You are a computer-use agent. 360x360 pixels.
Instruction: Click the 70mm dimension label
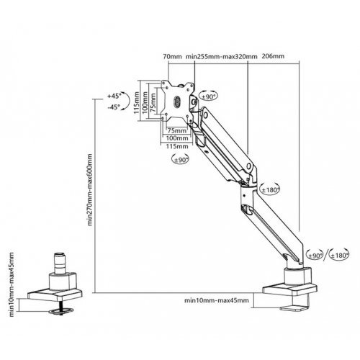click(x=172, y=57)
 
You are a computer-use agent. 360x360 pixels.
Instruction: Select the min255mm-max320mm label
click(x=222, y=57)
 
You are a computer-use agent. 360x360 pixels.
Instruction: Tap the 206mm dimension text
click(x=273, y=56)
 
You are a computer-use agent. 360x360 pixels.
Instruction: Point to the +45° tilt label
click(x=113, y=96)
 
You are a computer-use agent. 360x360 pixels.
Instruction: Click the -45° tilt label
click(x=114, y=107)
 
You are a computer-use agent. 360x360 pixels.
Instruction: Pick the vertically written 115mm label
click(x=136, y=103)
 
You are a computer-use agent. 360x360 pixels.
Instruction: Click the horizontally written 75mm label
click(x=177, y=130)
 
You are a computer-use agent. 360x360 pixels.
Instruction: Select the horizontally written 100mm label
click(x=177, y=138)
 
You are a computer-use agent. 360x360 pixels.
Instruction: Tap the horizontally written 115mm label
click(x=177, y=146)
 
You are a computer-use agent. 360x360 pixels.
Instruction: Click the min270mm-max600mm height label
click(x=89, y=190)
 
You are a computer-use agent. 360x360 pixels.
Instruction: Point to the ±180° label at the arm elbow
click(x=270, y=190)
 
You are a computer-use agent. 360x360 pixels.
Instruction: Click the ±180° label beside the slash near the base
click(x=339, y=256)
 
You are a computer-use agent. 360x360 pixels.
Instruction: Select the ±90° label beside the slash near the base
click(x=315, y=256)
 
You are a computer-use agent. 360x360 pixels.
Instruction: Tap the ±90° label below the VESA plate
click(x=180, y=160)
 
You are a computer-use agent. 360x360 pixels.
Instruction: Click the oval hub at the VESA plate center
click(x=177, y=102)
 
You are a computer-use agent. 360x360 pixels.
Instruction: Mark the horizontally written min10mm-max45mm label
click(x=217, y=300)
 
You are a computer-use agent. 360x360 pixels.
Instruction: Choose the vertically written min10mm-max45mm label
click(x=12, y=284)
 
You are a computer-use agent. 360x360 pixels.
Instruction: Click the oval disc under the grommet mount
click(x=60, y=311)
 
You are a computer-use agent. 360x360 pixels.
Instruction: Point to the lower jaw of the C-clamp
click(x=294, y=308)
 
